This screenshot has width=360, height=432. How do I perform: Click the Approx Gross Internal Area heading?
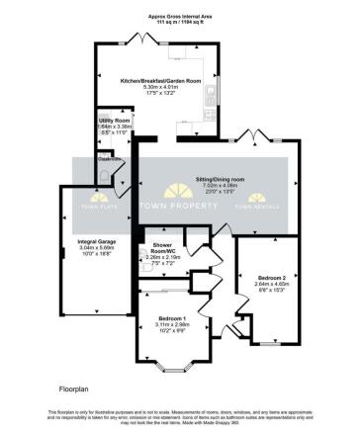coord(178,15)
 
